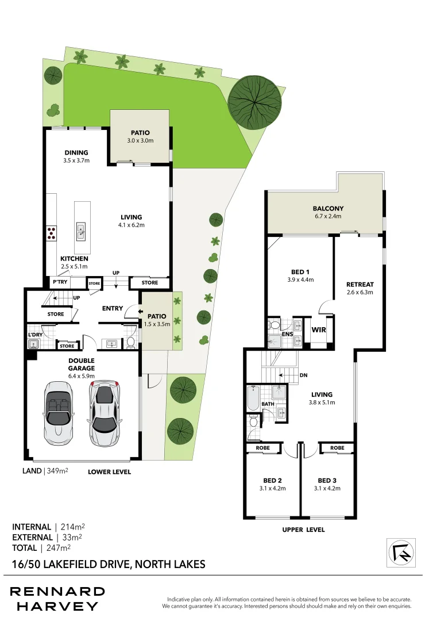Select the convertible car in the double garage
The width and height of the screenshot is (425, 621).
click(58, 412)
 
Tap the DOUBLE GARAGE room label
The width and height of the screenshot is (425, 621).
click(82, 364)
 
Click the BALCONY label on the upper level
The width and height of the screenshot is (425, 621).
click(328, 208)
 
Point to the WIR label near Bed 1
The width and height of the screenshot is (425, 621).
click(319, 330)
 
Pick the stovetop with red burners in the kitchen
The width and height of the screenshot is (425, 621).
click(51, 233)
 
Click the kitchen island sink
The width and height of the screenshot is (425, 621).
click(81, 231)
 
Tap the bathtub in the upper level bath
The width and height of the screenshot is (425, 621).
click(253, 398)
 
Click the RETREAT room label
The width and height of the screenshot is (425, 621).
click(360, 284)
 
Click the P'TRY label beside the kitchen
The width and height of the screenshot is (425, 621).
click(60, 282)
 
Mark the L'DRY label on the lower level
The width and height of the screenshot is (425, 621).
click(36, 334)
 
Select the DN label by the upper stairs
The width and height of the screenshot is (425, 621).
click(304, 375)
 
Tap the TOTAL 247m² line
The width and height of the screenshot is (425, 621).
click(41, 548)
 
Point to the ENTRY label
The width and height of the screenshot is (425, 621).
click(113, 308)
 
